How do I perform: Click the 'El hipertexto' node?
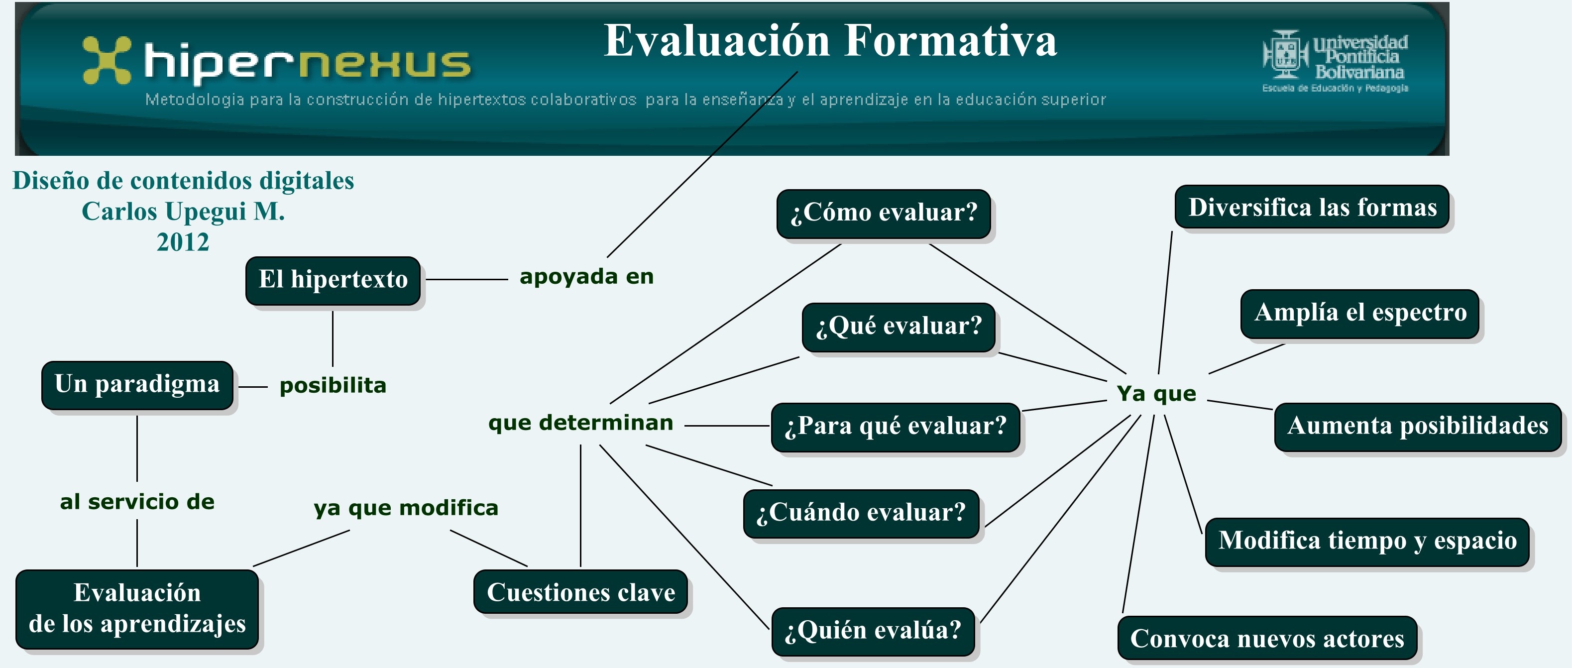pyautogui.click(x=333, y=281)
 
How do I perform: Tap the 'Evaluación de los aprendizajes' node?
pyautogui.click(x=137, y=609)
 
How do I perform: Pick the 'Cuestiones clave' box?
pyautogui.click(x=581, y=592)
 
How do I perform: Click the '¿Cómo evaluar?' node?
pyautogui.click(x=884, y=214)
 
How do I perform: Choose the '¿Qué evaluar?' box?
pyautogui.click(x=899, y=327)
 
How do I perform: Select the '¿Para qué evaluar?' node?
pyautogui.click(x=896, y=427)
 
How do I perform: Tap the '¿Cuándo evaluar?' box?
pyautogui.click(x=861, y=514)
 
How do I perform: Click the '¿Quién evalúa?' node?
pyautogui.click(x=873, y=631)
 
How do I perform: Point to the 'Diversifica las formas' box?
pyautogui.click(x=1312, y=207)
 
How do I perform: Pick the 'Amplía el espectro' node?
pyautogui.click(x=1360, y=314)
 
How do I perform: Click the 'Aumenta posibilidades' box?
pyautogui.click(x=1418, y=427)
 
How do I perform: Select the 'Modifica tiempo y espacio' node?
pyautogui.click(x=1367, y=542)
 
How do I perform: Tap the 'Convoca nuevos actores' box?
pyautogui.click(x=1267, y=638)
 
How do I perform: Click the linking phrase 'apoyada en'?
pyautogui.click(x=586, y=277)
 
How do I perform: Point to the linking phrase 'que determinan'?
pyautogui.click(x=581, y=423)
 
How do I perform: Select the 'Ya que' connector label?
pyautogui.click(x=1156, y=394)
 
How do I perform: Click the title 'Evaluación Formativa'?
pyautogui.click(x=830, y=41)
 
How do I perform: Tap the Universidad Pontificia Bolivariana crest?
pyautogui.click(x=1285, y=54)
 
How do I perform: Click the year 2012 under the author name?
pyautogui.click(x=183, y=242)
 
